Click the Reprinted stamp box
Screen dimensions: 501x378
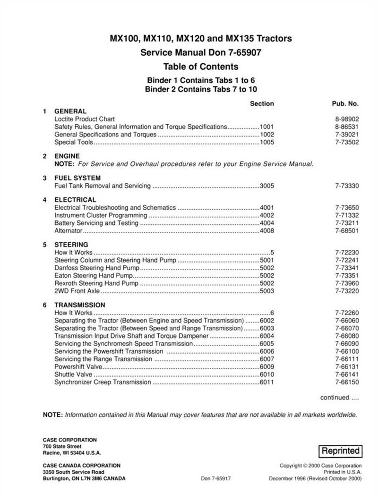(x=341, y=450)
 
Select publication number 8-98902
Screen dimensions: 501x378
(x=347, y=119)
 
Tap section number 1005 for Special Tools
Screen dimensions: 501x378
(x=266, y=142)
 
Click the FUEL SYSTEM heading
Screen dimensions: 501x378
(x=78, y=178)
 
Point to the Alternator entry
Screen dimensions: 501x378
(x=69, y=230)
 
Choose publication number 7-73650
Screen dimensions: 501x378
(x=347, y=208)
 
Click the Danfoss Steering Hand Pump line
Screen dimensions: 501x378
(x=94, y=268)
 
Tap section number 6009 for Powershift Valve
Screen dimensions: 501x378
(x=266, y=367)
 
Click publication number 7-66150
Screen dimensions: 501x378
(x=347, y=382)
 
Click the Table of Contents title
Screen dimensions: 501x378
(x=201, y=67)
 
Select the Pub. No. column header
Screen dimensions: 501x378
(x=345, y=103)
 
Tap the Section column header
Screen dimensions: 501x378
(x=262, y=103)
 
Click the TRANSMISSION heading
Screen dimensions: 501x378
(x=80, y=305)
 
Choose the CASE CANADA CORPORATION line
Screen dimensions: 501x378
(x=82, y=465)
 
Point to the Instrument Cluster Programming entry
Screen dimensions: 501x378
(x=96, y=215)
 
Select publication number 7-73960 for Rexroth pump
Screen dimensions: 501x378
(x=347, y=283)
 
